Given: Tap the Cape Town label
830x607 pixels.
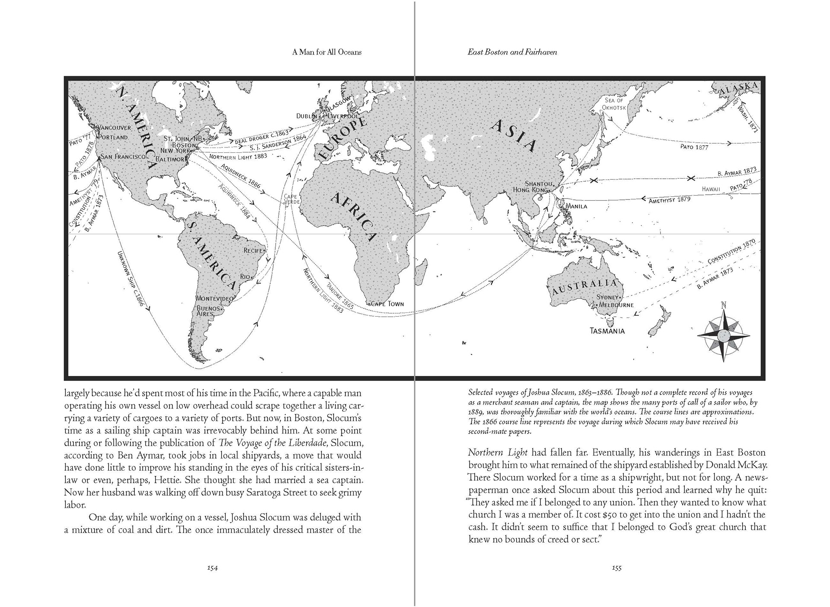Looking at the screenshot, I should [x=388, y=304].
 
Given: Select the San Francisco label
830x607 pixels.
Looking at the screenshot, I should [x=123, y=156].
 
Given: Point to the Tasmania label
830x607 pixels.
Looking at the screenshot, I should [x=607, y=331].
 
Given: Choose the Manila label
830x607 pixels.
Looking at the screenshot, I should [x=576, y=206].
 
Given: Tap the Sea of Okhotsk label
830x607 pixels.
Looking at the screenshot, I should [x=614, y=104].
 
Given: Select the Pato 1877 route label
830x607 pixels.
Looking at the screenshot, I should [x=694, y=147].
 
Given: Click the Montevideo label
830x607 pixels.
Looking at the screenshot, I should [x=214, y=299].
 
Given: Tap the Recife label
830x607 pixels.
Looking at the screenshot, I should [x=253, y=251].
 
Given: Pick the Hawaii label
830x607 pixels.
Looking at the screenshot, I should [x=711, y=189].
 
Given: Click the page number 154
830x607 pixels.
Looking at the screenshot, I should [x=212, y=568].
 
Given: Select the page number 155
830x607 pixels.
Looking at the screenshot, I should [x=616, y=568].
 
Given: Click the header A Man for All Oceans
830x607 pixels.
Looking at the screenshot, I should [x=327, y=52].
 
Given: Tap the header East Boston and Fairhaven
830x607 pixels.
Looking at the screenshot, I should [x=512, y=52].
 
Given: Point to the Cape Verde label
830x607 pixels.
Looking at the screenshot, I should [x=291, y=199].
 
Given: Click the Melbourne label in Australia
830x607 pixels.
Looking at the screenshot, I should [x=616, y=305].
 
